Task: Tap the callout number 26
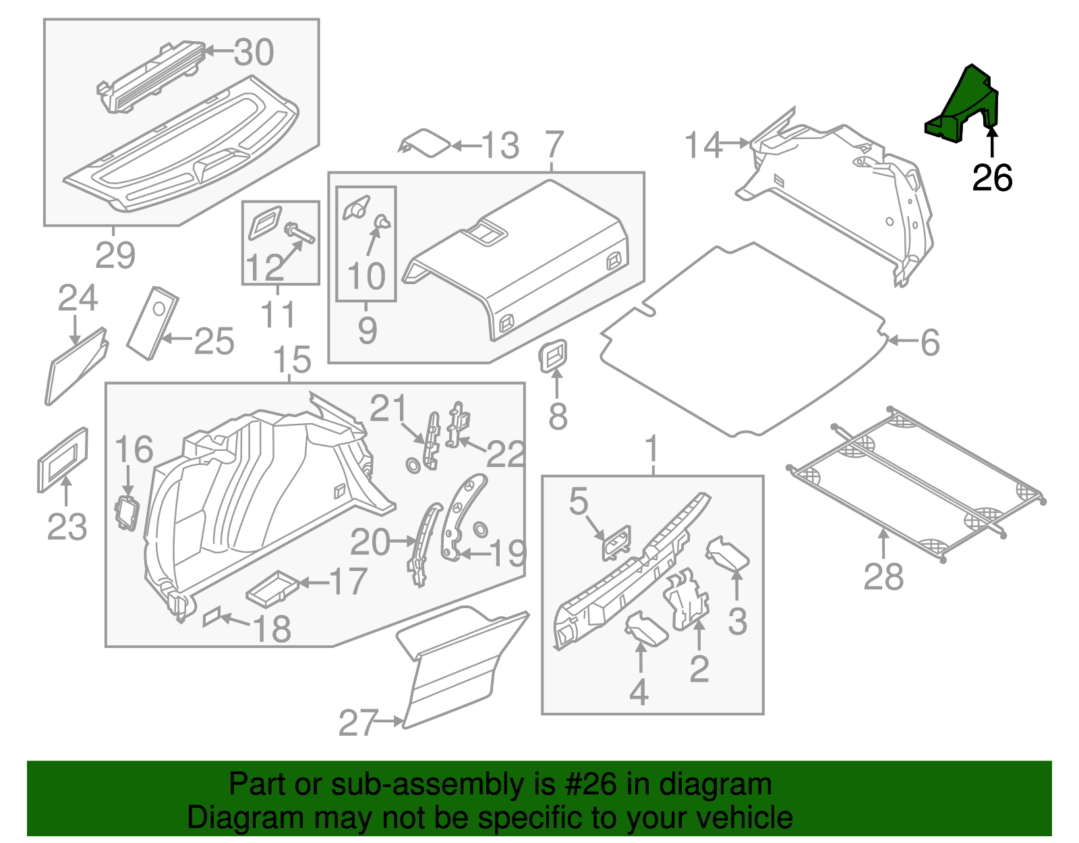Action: [x=992, y=178]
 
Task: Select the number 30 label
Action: [x=254, y=52]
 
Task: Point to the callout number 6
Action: [x=930, y=342]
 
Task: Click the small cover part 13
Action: [x=426, y=143]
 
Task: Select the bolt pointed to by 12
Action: [x=300, y=234]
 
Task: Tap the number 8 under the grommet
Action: [x=557, y=416]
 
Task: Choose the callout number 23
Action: [x=67, y=527]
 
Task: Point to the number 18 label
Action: [x=272, y=629]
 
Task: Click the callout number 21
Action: [x=388, y=409]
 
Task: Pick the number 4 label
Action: [x=638, y=692]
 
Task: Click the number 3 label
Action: [x=737, y=621]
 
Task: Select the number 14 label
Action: [x=703, y=146]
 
